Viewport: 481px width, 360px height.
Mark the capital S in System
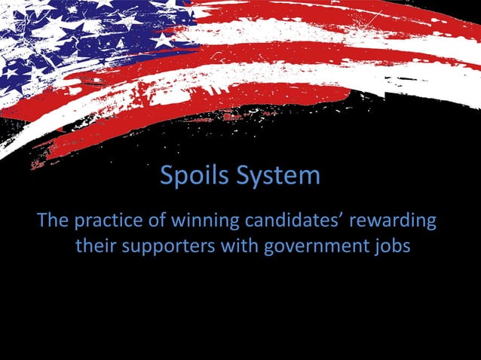(243, 177)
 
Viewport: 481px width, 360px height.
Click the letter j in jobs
(374, 248)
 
